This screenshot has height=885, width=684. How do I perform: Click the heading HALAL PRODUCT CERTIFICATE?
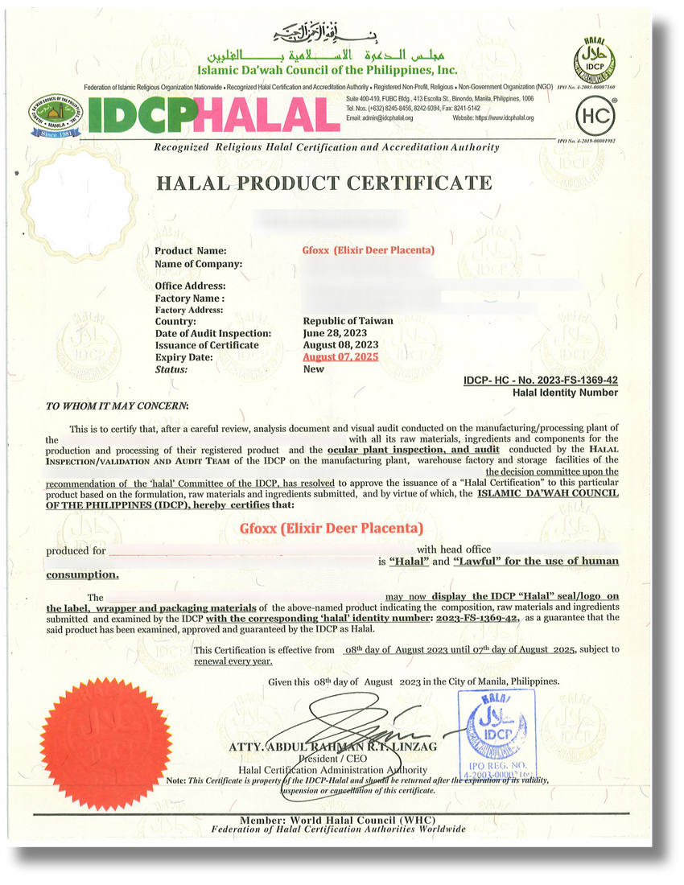click(323, 183)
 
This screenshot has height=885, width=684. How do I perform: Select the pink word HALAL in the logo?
click(266, 115)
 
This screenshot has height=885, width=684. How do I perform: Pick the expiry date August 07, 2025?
click(340, 357)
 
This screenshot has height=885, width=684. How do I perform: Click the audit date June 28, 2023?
click(336, 333)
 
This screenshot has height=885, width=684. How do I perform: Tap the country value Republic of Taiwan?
click(348, 321)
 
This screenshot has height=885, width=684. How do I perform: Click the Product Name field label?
click(190, 251)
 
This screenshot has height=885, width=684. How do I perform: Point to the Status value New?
click(313, 369)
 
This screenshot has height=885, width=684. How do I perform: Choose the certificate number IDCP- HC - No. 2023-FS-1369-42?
click(541, 380)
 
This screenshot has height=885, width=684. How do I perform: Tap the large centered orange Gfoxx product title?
click(331, 529)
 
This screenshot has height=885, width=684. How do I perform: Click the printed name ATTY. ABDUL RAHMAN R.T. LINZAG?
click(334, 747)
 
